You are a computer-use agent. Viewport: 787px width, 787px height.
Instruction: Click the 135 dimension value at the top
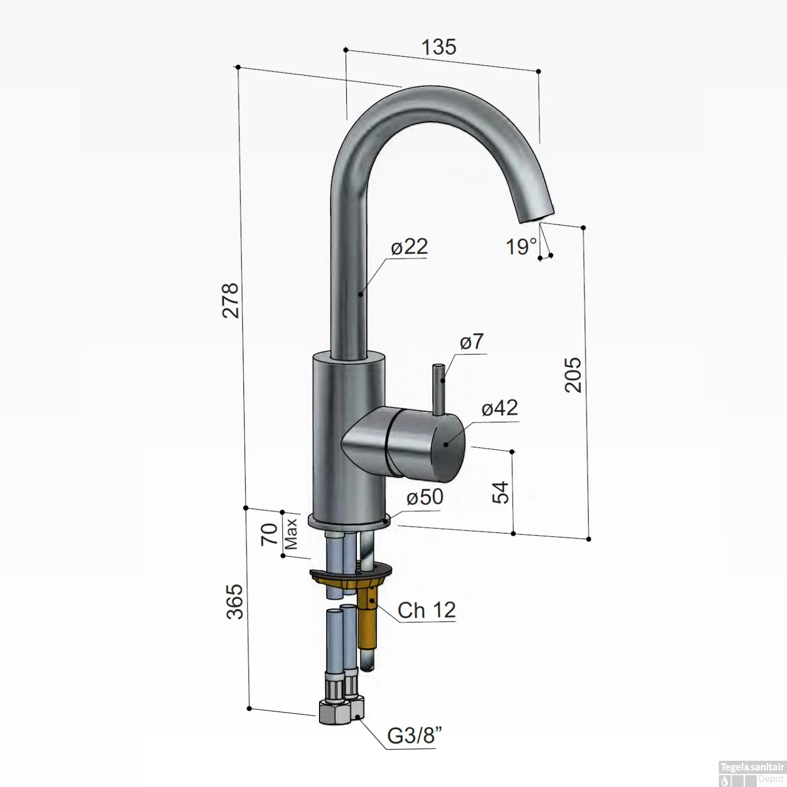click(x=439, y=47)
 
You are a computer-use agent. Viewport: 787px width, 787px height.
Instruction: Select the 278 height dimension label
click(x=231, y=300)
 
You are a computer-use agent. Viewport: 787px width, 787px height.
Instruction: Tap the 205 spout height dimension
click(x=573, y=375)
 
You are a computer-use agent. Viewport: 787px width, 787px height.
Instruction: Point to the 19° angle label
click(x=521, y=247)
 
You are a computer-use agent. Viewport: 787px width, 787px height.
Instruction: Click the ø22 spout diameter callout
click(x=409, y=247)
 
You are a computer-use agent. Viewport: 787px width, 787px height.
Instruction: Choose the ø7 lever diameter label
click(x=471, y=342)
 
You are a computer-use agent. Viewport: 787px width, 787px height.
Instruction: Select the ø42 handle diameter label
click(x=499, y=408)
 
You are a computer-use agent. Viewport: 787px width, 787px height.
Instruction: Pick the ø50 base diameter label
click(x=424, y=497)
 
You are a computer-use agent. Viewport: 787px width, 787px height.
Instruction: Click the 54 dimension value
click(x=502, y=492)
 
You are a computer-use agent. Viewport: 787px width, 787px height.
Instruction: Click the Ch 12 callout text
click(x=426, y=610)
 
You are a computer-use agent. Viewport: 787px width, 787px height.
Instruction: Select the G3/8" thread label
click(x=414, y=736)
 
